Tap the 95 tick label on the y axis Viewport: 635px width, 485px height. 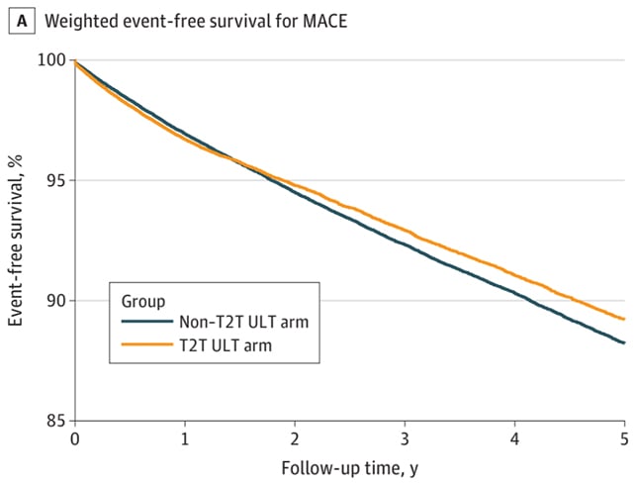(x=55, y=180)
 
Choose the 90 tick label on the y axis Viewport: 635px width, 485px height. (x=55, y=301)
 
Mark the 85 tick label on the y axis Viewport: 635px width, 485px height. (x=55, y=421)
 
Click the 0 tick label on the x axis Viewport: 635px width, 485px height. (x=75, y=438)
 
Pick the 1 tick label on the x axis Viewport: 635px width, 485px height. (x=185, y=438)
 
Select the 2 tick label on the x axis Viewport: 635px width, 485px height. (x=295, y=438)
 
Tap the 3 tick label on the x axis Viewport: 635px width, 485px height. (x=405, y=438)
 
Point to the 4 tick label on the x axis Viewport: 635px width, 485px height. (x=514, y=438)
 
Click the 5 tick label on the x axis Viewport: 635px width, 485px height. (x=624, y=438)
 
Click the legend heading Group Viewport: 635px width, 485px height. (x=142, y=299)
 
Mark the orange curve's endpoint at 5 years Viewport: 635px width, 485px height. (x=623, y=319)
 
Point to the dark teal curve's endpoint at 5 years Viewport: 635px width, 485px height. (x=623, y=342)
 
